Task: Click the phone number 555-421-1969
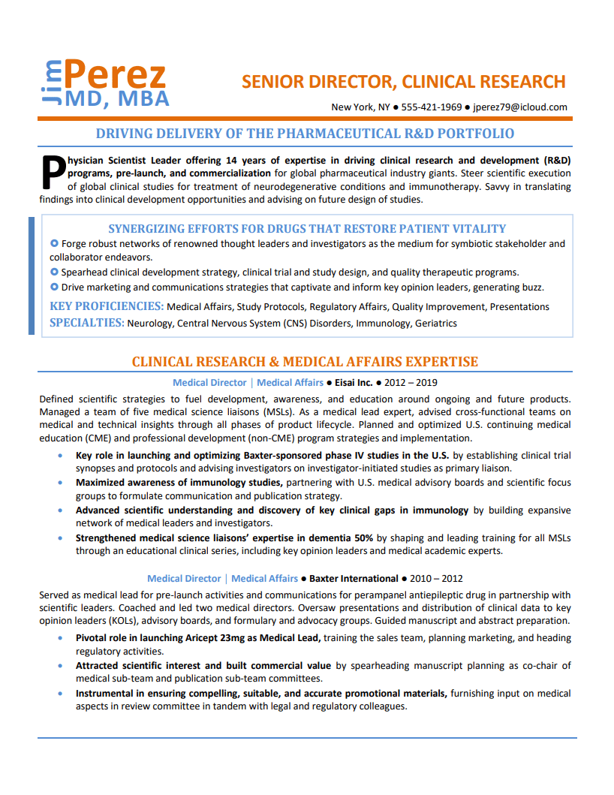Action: point(432,107)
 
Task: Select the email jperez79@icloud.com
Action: point(521,107)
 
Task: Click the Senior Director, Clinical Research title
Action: point(404,82)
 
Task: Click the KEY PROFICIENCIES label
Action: point(107,306)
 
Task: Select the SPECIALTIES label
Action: point(86,323)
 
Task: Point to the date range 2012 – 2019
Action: point(412,383)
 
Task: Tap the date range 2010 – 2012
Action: point(438,579)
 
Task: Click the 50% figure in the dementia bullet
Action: point(364,538)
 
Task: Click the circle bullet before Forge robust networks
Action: point(54,244)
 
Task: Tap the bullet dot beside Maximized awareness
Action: point(59,483)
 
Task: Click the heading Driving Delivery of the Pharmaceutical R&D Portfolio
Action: point(305,134)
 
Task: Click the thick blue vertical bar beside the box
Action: point(32,275)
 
